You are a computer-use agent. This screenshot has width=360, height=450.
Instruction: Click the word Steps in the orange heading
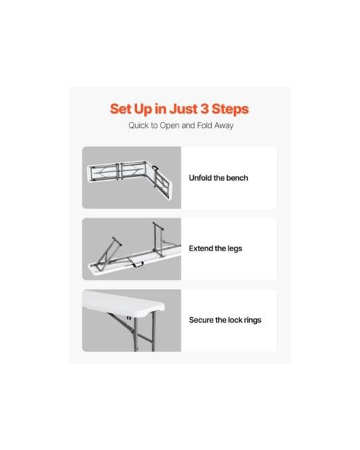click(x=230, y=109)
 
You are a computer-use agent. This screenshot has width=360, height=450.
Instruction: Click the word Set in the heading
click(x=120, y=109)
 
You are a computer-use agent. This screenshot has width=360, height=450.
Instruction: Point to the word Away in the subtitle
click(x=224, y=126)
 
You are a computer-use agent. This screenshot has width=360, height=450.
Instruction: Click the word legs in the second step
click(x=235, y=249)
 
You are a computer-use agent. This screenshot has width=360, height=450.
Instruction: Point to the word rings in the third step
click(x=253, y=321)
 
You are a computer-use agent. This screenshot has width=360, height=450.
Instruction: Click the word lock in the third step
click(x=235, y=320)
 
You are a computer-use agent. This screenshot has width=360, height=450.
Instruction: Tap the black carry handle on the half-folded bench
click(x=156, y=168)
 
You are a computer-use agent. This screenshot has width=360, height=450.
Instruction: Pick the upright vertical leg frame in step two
click(x=159, y=240)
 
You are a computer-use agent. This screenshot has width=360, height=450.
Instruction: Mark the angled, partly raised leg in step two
click(x=108, y=253)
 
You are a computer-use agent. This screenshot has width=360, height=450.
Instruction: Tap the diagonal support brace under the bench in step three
click(x=120, y=323)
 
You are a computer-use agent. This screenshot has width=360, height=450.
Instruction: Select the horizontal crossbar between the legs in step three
click(x=145, y=338)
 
